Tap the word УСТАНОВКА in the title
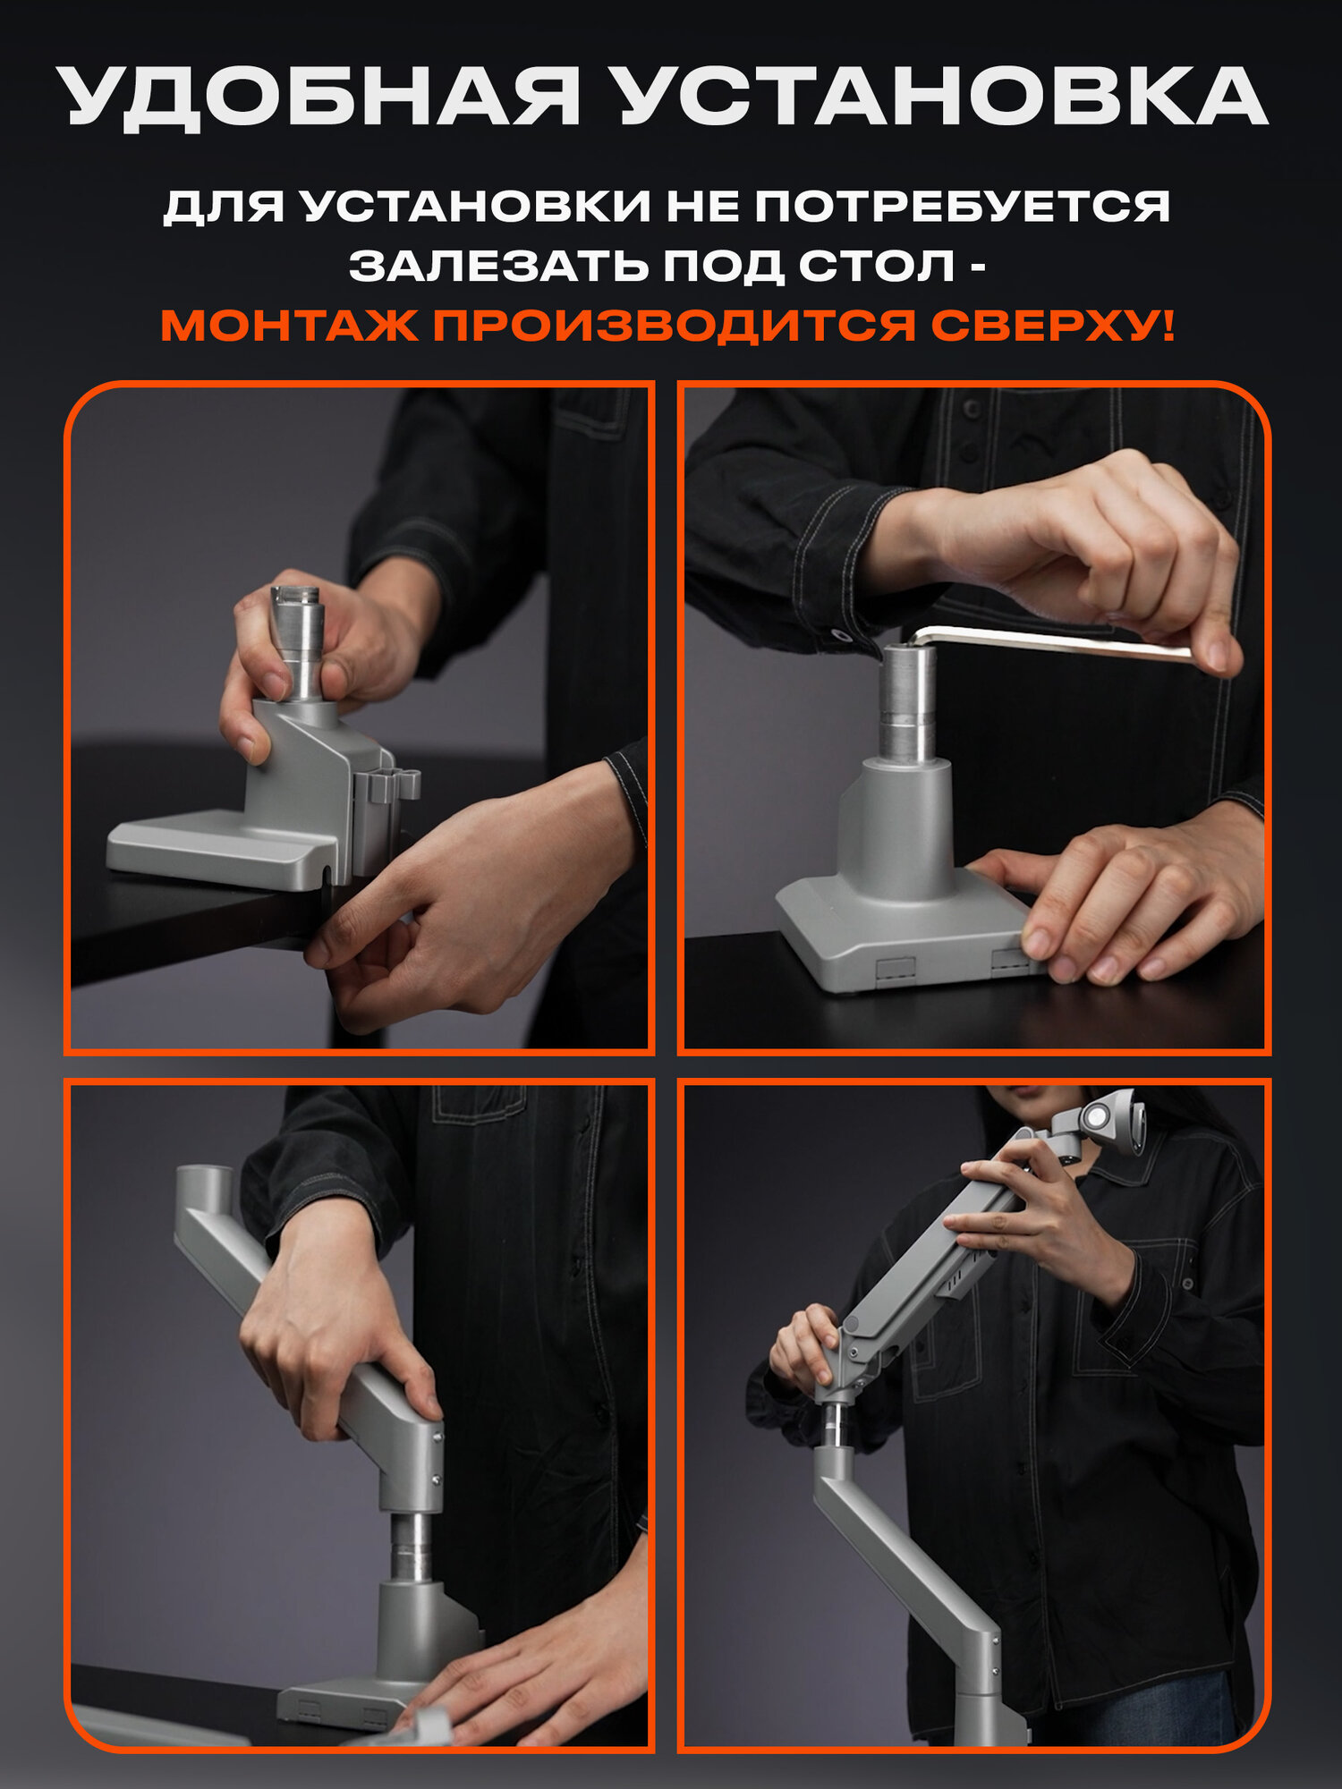(x=943, y=97)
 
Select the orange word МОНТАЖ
(x=289, y=326)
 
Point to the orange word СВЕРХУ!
(x=1052, y=326)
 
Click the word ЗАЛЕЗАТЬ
(x=499, y=266)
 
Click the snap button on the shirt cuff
(x=841, y=635)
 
